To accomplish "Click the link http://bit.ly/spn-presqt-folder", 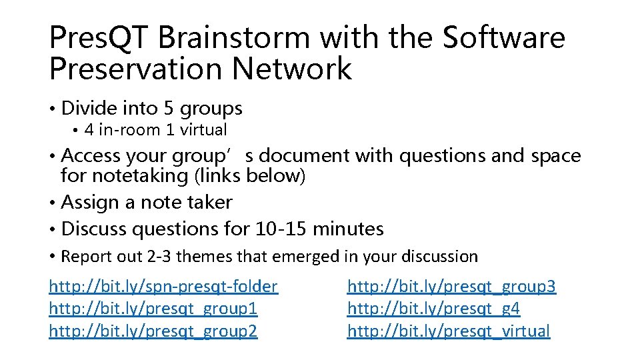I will (x=163, y=287).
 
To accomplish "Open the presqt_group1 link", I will (x=153, y=309).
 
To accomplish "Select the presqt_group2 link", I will (x=153, y=331).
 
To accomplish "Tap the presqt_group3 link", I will (x=451, y=287).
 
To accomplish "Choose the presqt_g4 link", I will (x=433, y=309).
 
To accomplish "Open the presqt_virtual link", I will (x=449, y=331).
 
